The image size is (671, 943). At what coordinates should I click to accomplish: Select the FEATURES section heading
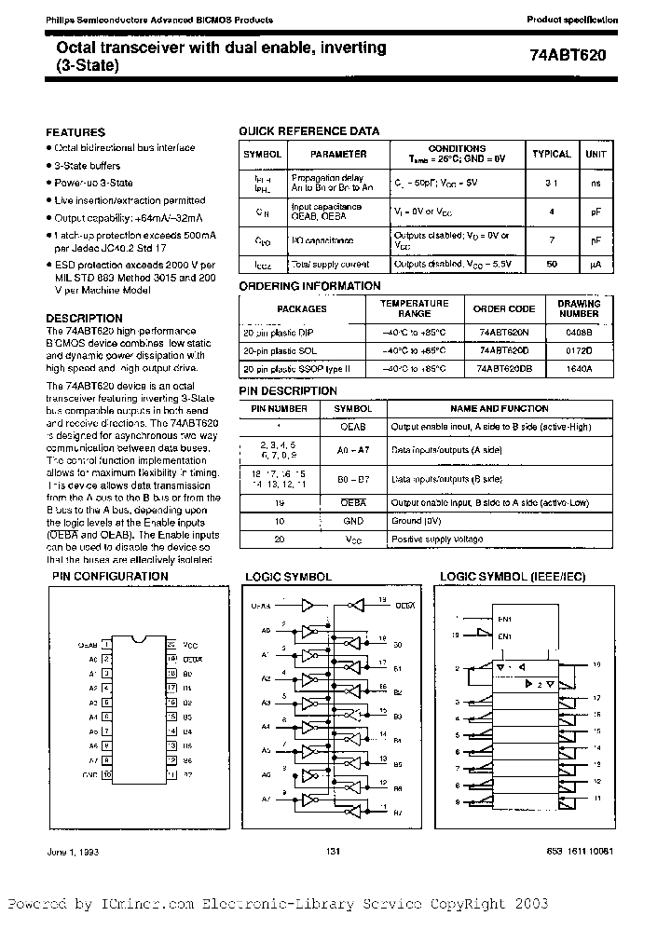pyautogui.click(x=75, y=132)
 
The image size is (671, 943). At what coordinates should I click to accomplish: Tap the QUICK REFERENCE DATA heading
pyautogui.click(x=309, y=132)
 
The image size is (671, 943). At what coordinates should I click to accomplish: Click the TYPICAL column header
pyautogui.click(x=551, y=154)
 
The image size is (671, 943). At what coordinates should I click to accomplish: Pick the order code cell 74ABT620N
pyautogui.click(x=504, y=331)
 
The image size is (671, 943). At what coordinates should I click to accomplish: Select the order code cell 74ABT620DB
pyautogui.click(x=504, y=368)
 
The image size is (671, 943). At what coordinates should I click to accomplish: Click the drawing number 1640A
pyautogui.click(x=579, y=368)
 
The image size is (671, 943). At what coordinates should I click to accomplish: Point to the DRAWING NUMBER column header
pyautogui.click(x=579, y=308)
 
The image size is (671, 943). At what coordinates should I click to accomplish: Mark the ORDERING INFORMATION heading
pyautogui.click(x=310, y=286)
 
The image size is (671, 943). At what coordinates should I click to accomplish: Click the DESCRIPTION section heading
pyautogui.click(x=84, y=318)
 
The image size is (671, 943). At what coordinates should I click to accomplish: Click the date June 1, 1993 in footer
pyautogui.click(x=71, y=852)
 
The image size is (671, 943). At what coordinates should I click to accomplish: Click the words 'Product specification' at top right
pyautogui.click(x=571, y=20)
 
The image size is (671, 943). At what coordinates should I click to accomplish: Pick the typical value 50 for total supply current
pyautogui.click(x=551, y=265)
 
